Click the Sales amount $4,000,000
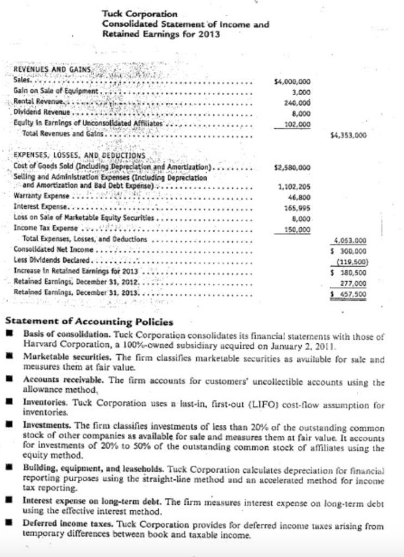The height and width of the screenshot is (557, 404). click(292, 82)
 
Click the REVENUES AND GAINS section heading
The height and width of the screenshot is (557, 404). click(52, 71)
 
